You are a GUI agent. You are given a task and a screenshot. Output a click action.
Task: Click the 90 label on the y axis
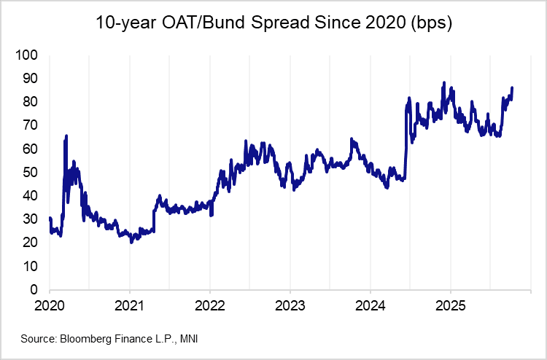pyautogui.click(x=30, y=78)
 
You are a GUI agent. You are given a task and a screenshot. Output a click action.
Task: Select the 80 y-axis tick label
pyautogui.click(x=30, y=102)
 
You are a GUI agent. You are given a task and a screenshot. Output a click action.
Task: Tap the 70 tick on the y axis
pyautogui.click(x=30, y=125)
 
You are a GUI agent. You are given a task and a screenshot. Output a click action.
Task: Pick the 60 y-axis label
pyautogui.click(x=30, y=149)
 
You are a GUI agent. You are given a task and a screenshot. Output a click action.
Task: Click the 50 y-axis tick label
pyautogui.click(x=30, y=173)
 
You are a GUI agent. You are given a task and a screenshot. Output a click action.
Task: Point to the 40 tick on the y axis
pyautogui.click(x=30, y=196)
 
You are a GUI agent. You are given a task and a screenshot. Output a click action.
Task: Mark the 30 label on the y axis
pyautogui.click(x=30, y=219)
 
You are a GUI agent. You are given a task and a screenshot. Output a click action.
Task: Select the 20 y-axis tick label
pyautogui.click(x=30, y=243)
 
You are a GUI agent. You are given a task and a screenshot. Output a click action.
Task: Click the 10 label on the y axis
pyautogui.click(x=30, y=267)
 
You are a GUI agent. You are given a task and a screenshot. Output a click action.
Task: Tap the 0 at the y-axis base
pyautogui.click(x=34, y=290)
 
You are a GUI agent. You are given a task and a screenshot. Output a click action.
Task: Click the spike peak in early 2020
pyautogui.click(x=66, y=136)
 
